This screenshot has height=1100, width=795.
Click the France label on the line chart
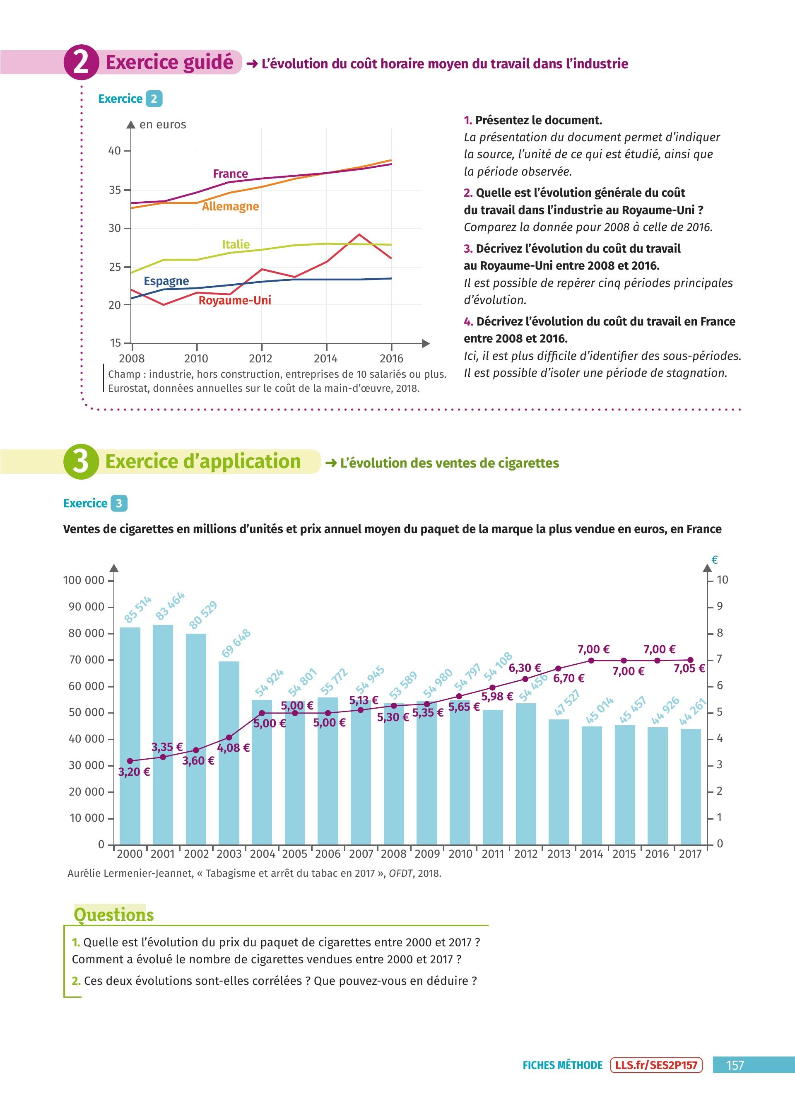[230, 174]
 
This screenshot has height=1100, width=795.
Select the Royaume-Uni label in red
[235, 300]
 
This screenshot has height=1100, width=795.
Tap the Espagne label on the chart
[166, 281]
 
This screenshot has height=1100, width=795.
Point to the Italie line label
[236, 244]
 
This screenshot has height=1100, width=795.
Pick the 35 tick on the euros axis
[114, 190]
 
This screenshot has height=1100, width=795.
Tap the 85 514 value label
[137, 609]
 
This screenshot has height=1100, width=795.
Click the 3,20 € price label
[134, 772]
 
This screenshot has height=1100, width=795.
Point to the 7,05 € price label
[689, 668]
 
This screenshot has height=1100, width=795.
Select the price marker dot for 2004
[262, 713]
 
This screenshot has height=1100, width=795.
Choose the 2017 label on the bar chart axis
[690, 854]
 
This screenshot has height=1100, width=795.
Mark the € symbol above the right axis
[714, 560]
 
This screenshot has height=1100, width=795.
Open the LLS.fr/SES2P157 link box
[656, 1065]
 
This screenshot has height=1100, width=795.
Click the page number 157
[735, 1065]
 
